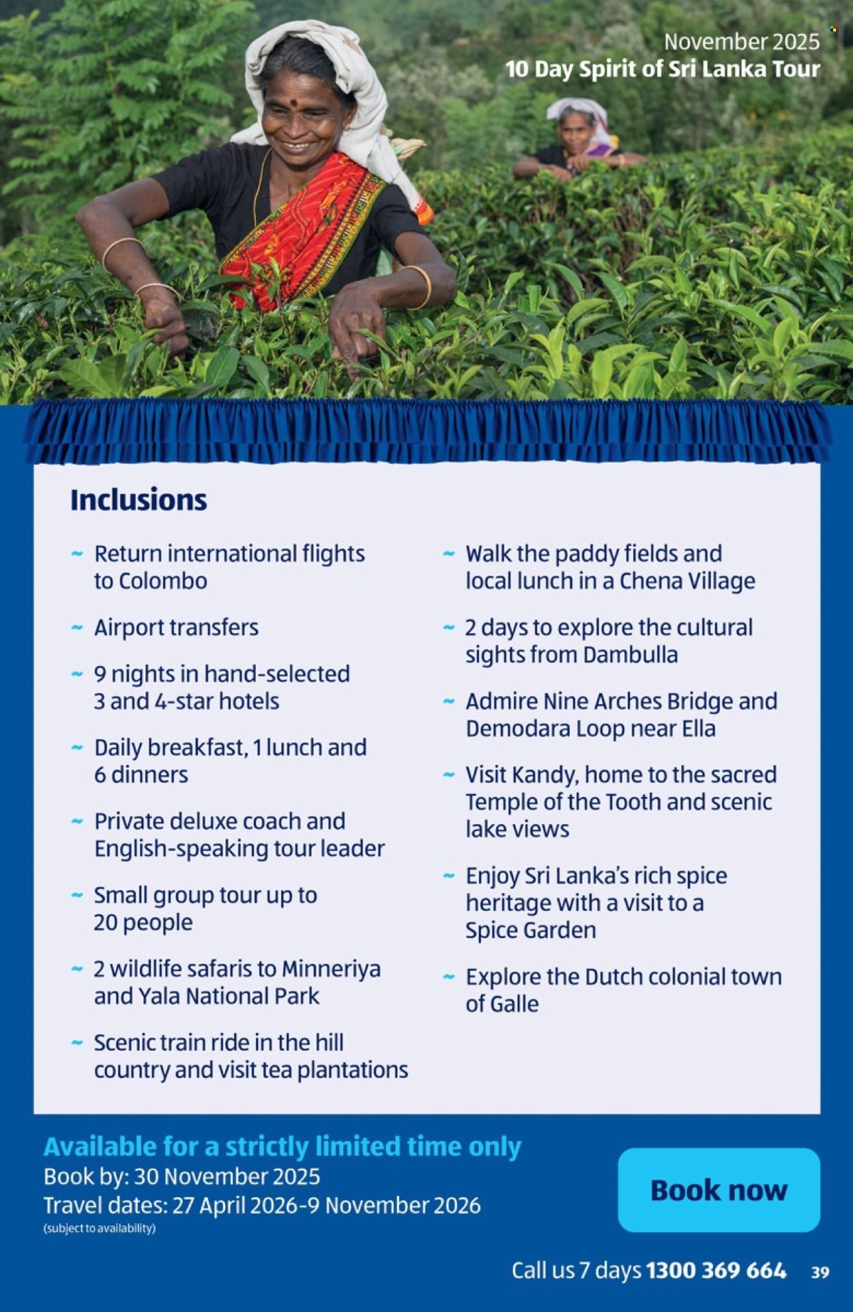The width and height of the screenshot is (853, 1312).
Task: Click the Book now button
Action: coord(719,1190)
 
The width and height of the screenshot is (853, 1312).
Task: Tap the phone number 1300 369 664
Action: coord(716,1270)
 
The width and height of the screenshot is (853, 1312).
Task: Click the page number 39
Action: coord(820,1272)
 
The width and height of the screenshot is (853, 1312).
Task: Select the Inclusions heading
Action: coord(139,499)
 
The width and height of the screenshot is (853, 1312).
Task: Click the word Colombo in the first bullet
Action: coord(163,581)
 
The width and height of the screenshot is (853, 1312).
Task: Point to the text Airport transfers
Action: coord(176,628)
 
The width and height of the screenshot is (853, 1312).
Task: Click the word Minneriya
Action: coord(331,970)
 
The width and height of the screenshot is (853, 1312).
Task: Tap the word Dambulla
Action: coord(631,655)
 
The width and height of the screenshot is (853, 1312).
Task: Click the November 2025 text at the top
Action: coord(742,42)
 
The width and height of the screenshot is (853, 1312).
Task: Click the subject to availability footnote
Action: coord(100,1228)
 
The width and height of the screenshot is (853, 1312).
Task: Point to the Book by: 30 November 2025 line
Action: coord(182,1176)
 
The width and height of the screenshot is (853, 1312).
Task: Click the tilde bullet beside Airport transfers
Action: coord(77,627)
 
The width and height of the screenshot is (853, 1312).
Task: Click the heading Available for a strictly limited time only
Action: coord(283,1147)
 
